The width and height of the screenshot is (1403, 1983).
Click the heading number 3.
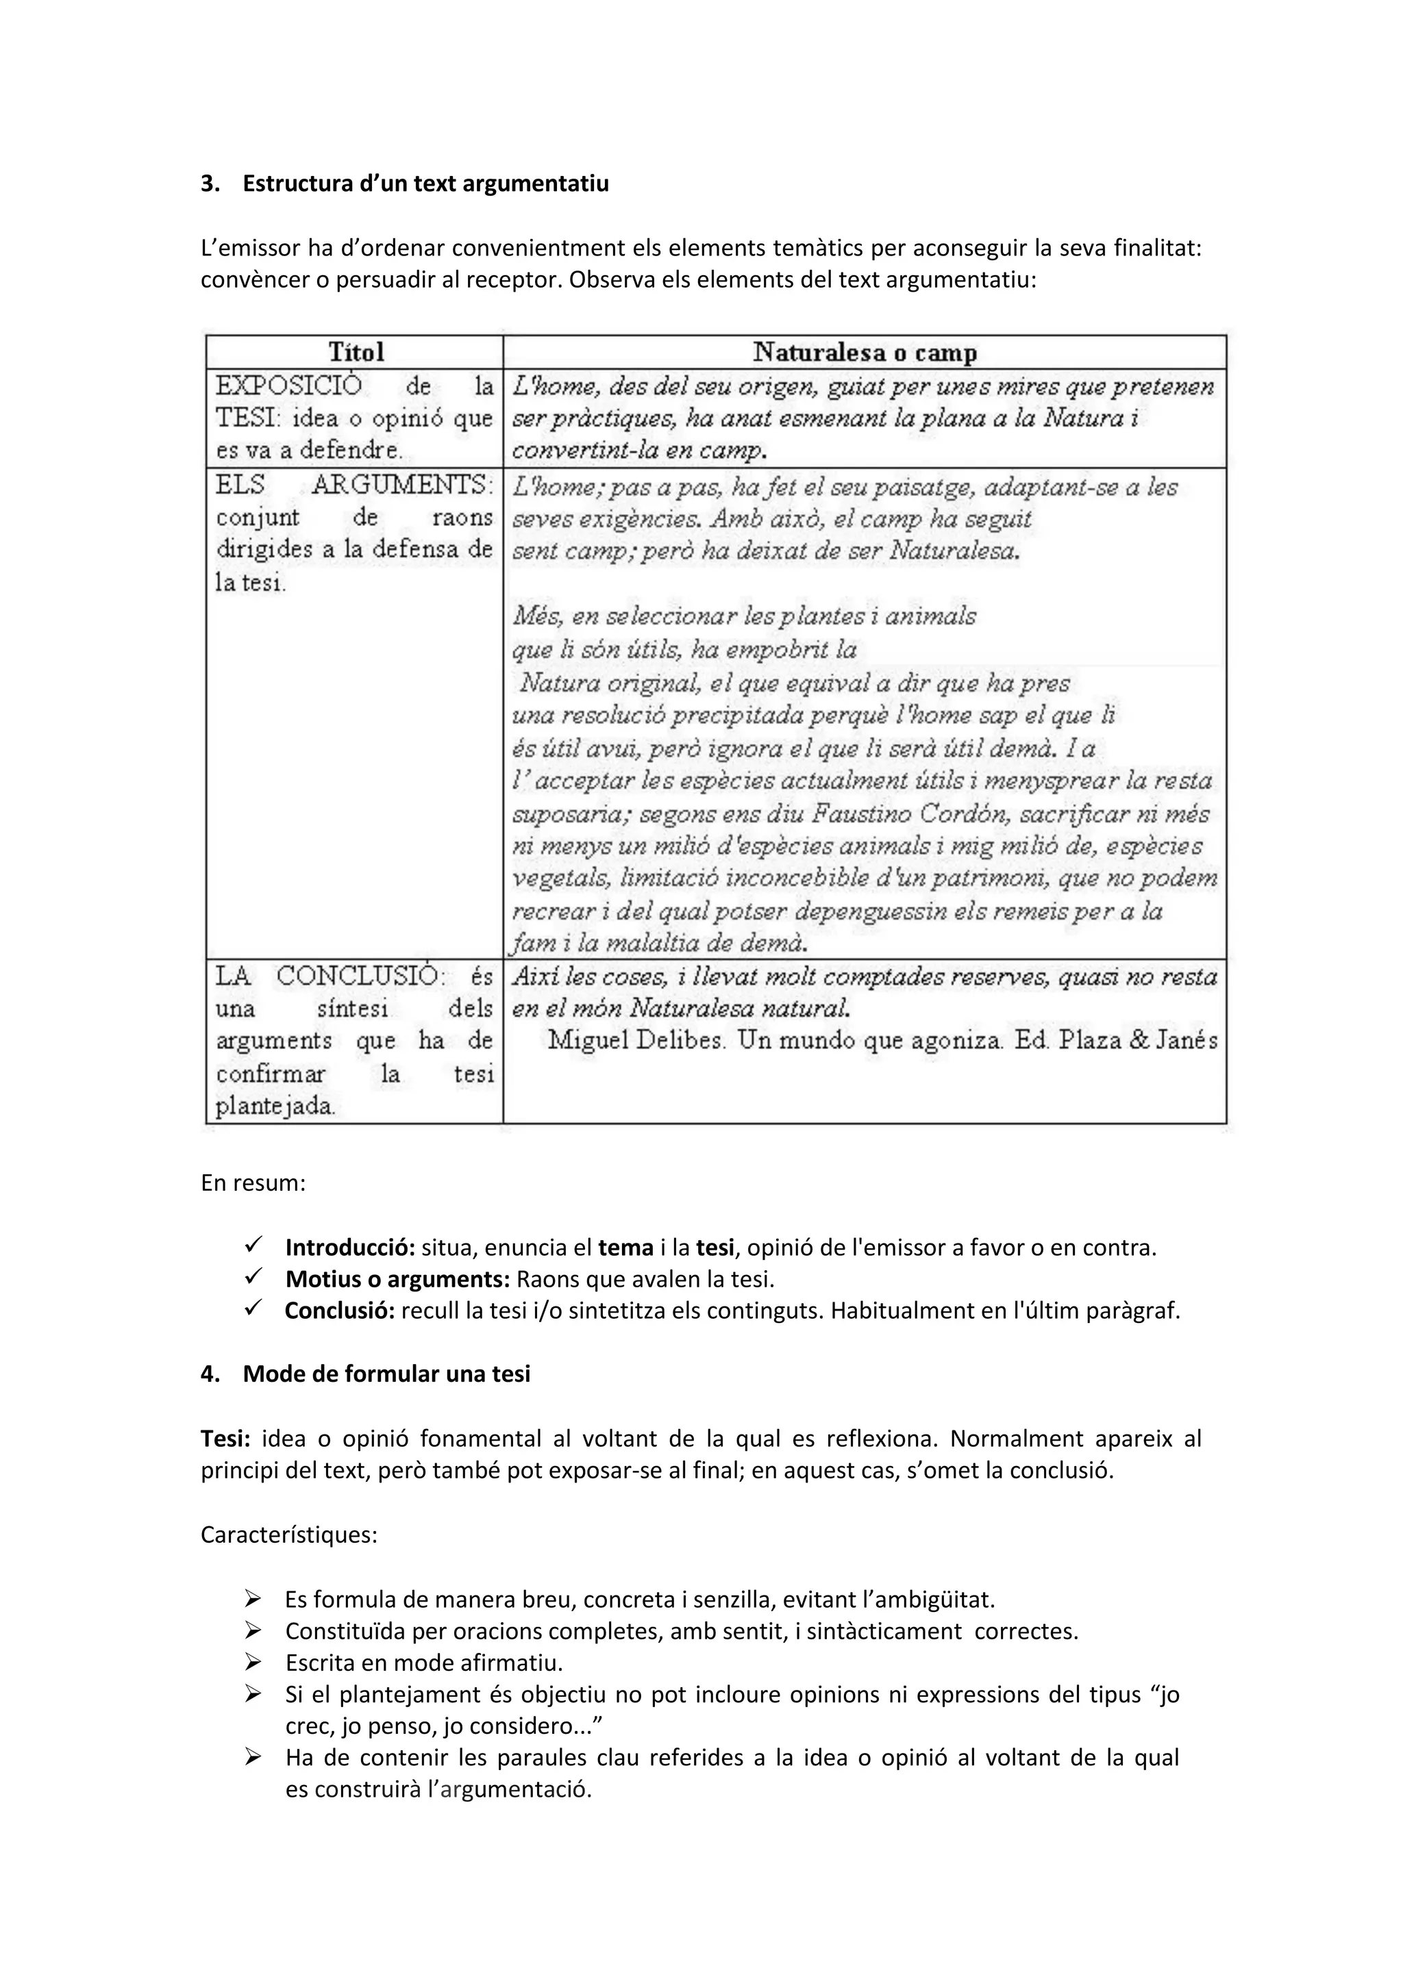pyautogui.click(x=209, y=184)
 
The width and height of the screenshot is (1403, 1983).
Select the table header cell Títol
pyautogui.click(x=356, y=353)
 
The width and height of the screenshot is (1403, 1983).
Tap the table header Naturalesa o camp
pyautogui.click(x=865, y=353)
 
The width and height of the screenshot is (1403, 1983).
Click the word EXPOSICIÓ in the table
pyautogui.click(x=288, y=386)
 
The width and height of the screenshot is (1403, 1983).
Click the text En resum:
pyautogui.click(x=253, y=1183)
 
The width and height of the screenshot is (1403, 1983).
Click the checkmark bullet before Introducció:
pyautogui.click(x=253, y=1246)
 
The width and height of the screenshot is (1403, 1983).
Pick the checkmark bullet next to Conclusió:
pyautogui.click(x=253, y=1309)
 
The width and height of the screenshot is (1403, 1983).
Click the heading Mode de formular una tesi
pyautogui.click(x=386, y=1374)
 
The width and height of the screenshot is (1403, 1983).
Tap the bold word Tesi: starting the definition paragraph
pyautogui.click(x=225, y=1439)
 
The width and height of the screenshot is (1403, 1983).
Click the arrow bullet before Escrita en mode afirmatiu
pyautogui.click(x=253, y=1662)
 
